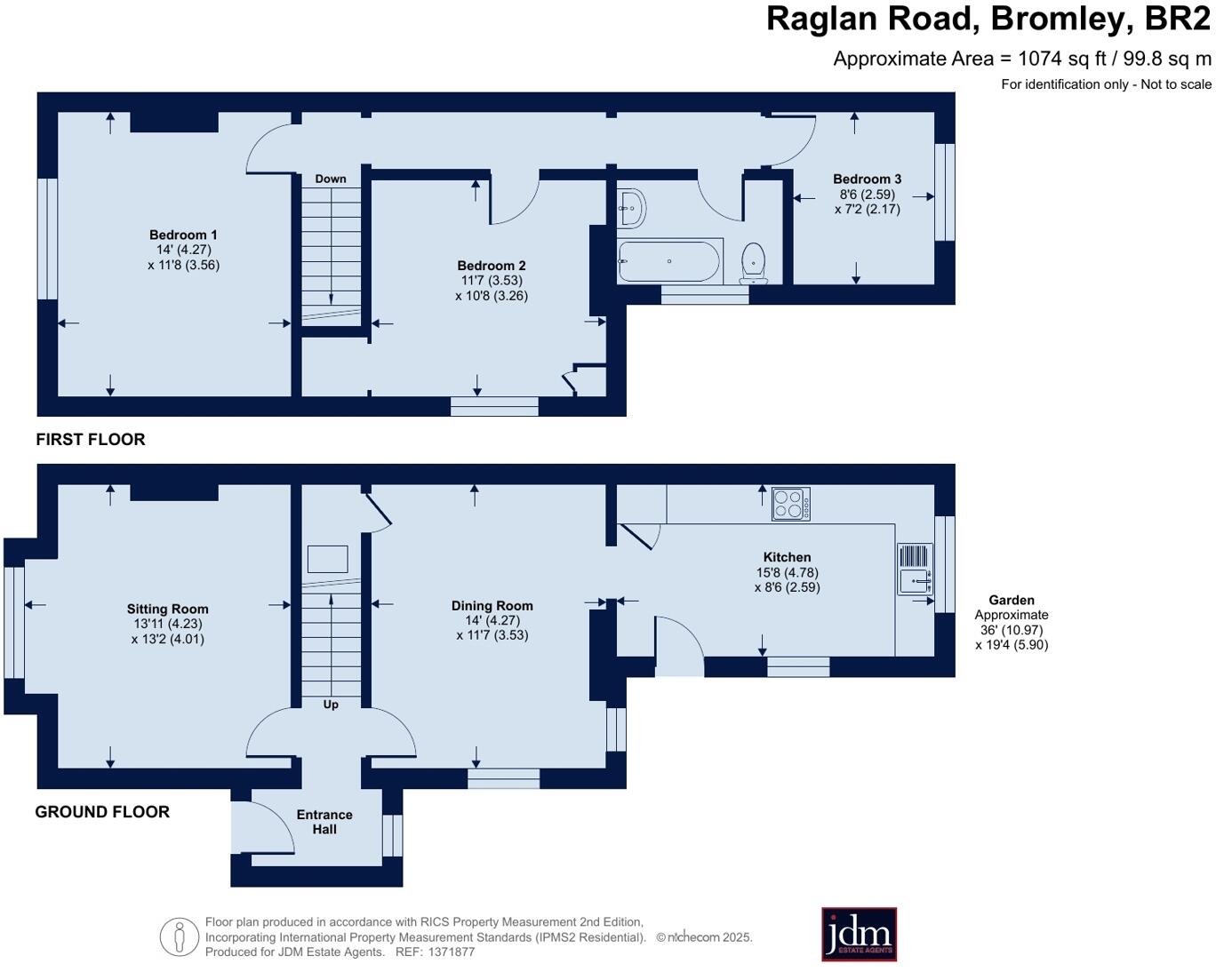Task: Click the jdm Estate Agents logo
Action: [859, 934]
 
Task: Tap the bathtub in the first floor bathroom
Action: [669, 261]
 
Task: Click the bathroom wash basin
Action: [632, 209]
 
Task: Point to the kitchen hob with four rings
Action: [790, 504]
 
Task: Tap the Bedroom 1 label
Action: [183, 235]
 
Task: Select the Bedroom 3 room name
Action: [867, 179]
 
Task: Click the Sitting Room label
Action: [167, 609]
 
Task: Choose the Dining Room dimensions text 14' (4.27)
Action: [492, 621]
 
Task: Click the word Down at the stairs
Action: [331, 179]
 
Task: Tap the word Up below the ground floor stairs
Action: [331, 705]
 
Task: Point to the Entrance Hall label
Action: [324, 822]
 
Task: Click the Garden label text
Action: [1011, 601]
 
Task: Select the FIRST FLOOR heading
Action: [91, 440]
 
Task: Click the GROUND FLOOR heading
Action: [102, 812]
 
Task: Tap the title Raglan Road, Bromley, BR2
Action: [988, 20]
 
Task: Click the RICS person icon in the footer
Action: [179, 937]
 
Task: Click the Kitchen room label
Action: [787, 558]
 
